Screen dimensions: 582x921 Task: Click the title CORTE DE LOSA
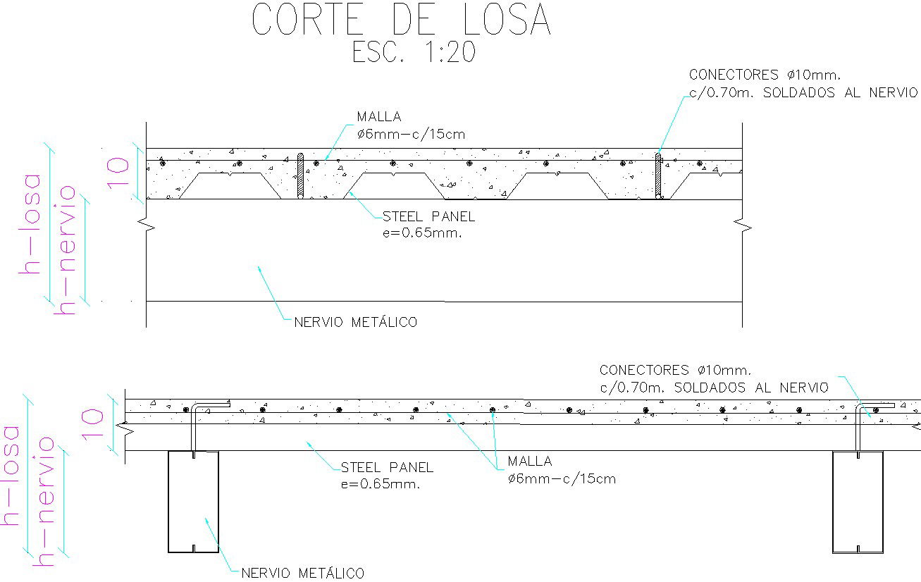pyautogui.click(x=401, y=20)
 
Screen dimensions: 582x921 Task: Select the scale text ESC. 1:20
pyautogui.click(x=414, y=53)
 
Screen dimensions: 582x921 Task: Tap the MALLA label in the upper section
pyautogui.click(x=378, y=117)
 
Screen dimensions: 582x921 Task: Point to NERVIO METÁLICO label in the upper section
pyautogui.click(x=356, y=323)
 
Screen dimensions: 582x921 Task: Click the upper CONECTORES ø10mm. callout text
pyautogui.click(x=765, y=75)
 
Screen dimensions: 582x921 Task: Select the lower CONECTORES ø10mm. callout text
pyautogui.click(x=676, y=370)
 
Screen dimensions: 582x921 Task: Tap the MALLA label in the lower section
pyautogui.click(x=529, y=462)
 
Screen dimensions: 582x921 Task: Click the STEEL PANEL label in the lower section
pyautogui.click(x=387, y=467)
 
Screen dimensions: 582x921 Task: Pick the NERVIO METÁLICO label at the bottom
pyautogui.click(x=303, y=573)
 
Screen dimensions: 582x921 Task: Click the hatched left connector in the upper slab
pyautogui.click(x=300, y=176)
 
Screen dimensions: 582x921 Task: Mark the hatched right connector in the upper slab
pyautogui.click(x=658, y=175)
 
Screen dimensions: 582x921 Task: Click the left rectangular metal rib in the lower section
pyautogui.click(x=193, y=502)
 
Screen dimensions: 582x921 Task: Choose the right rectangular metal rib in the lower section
pyautogui.click(x=858, y=502)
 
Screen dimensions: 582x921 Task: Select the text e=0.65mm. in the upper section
pyautogui.click(x=421, y=233)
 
